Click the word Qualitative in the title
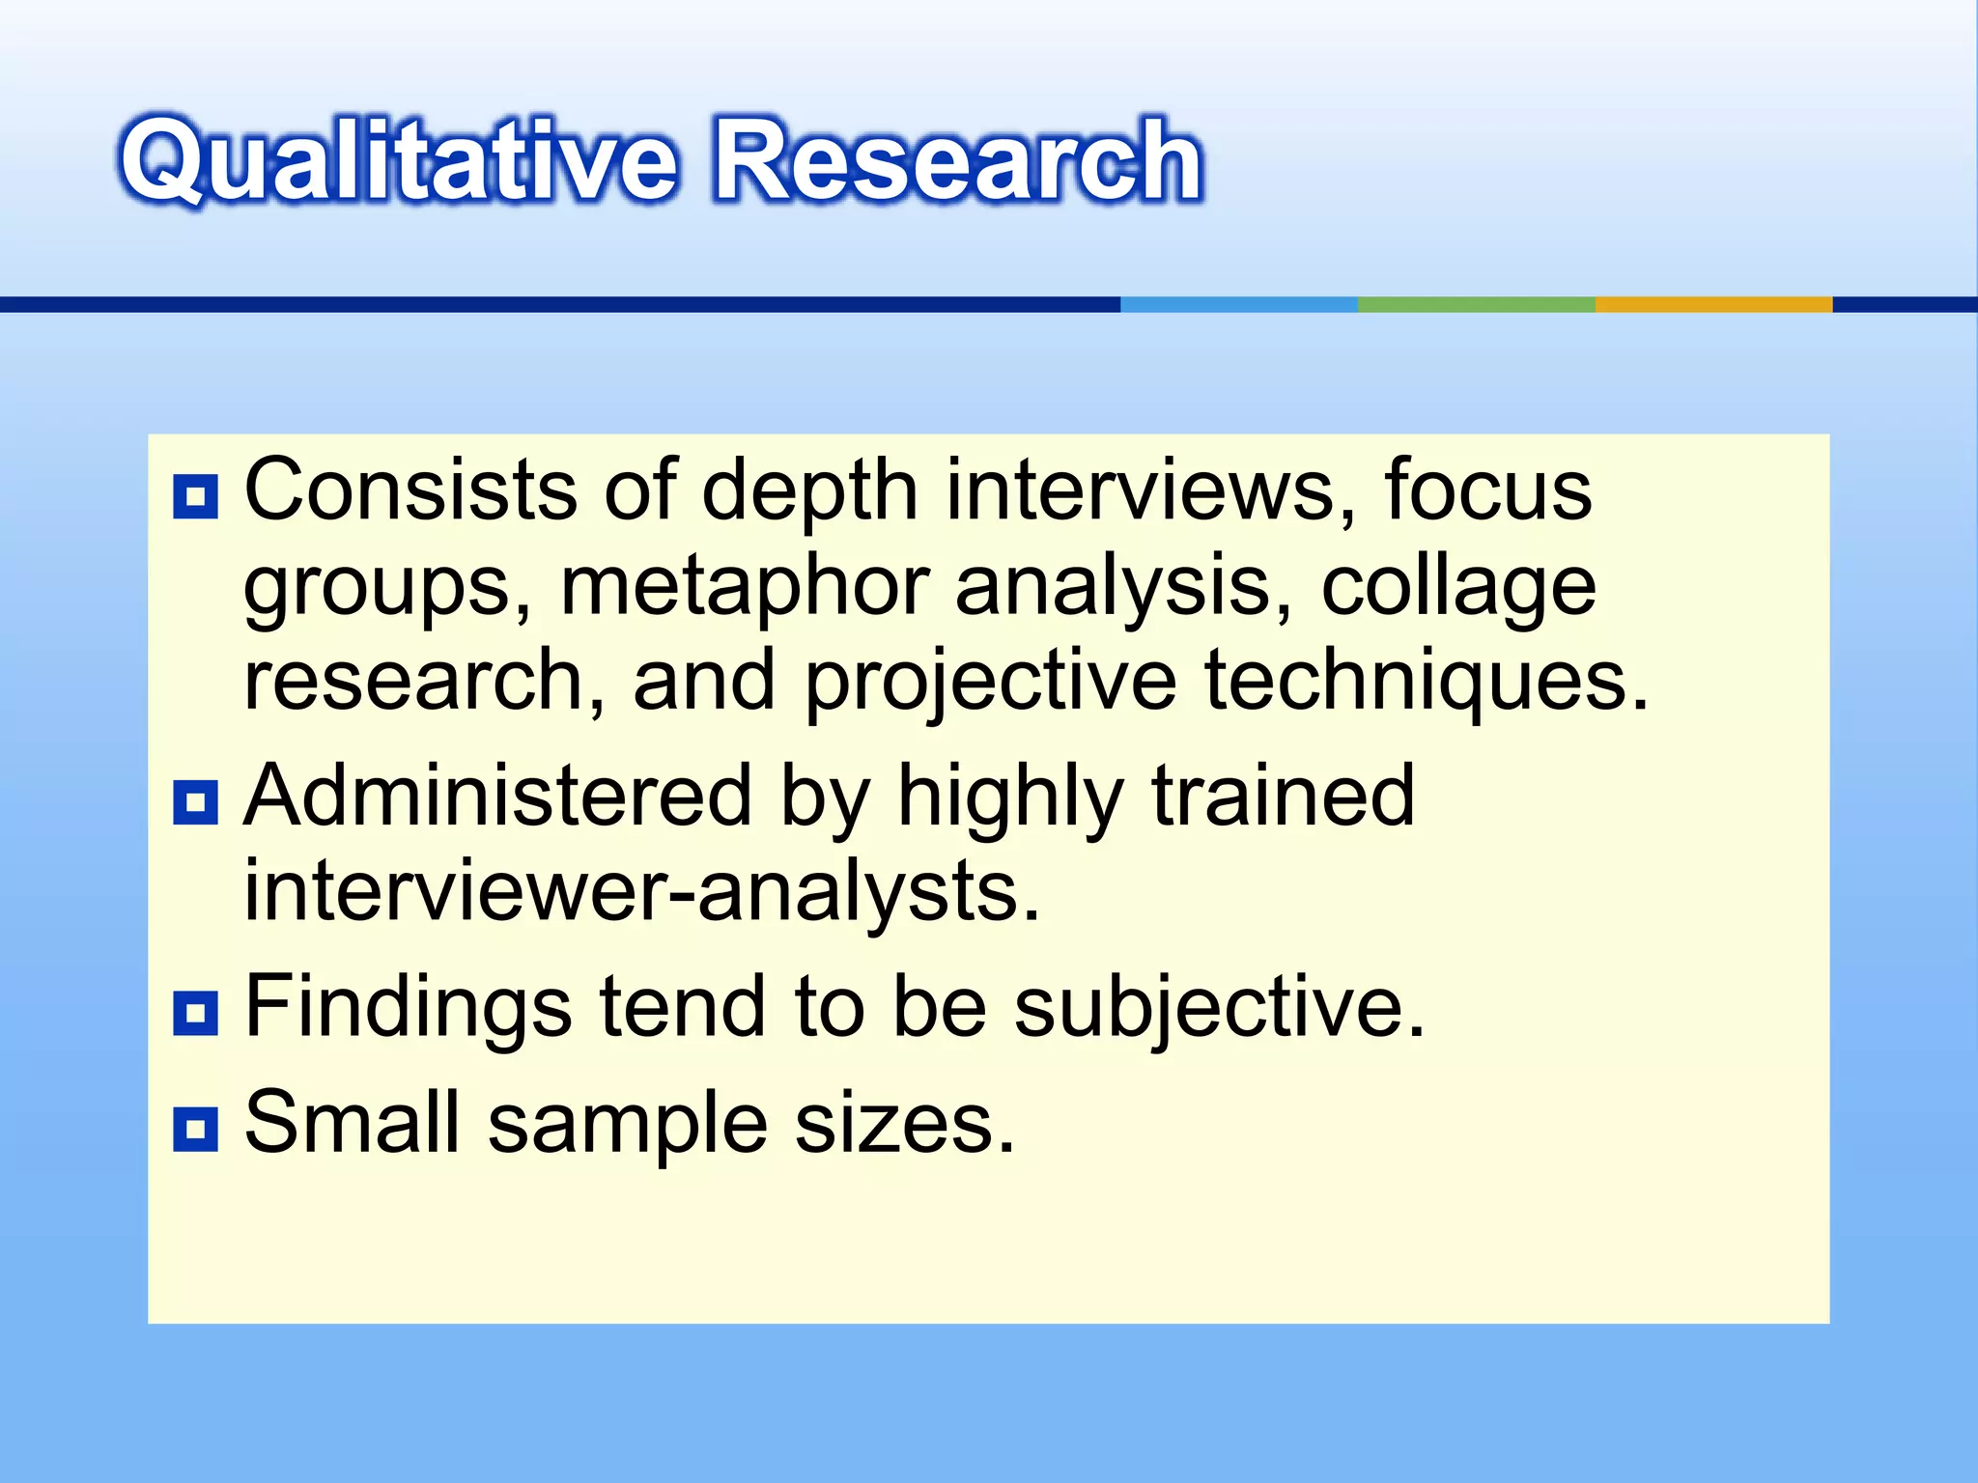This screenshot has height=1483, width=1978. (x=396, y=159)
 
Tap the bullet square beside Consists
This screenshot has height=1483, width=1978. (x=196, y=497)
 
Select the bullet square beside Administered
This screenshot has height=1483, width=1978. (x=196, y=802)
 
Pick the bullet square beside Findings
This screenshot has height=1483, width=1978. (x=196, y=1013)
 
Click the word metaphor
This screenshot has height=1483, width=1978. (x=744, y=587)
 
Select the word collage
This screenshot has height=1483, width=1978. (x=1458, y=587)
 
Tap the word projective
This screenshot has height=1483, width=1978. (x=990, y=682)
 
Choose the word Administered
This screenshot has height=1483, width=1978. (x=497, y=796)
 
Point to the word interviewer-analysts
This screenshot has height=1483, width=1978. (x=641, y=890)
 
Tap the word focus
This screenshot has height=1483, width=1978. (x=1488, y=490)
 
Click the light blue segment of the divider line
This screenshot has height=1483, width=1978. (x=1239, y=304)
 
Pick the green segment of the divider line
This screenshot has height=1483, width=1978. (x=1476, y=304)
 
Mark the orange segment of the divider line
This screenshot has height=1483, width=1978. (x=1713, y=304)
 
